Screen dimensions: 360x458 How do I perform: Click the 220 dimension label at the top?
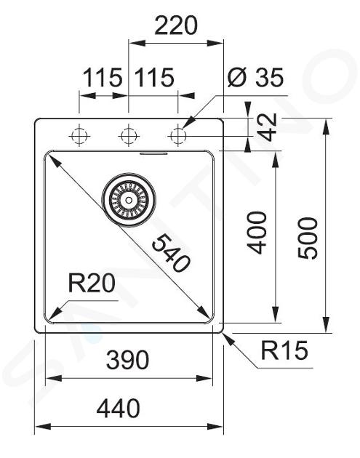point(176,25)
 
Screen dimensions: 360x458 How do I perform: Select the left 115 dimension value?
point(103,77)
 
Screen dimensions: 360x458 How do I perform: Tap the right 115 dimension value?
point(155,77)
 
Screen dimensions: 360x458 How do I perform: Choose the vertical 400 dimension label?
point(257,233)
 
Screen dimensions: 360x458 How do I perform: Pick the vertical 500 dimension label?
point(308,238)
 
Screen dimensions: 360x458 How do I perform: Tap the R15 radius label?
point(284,350)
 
